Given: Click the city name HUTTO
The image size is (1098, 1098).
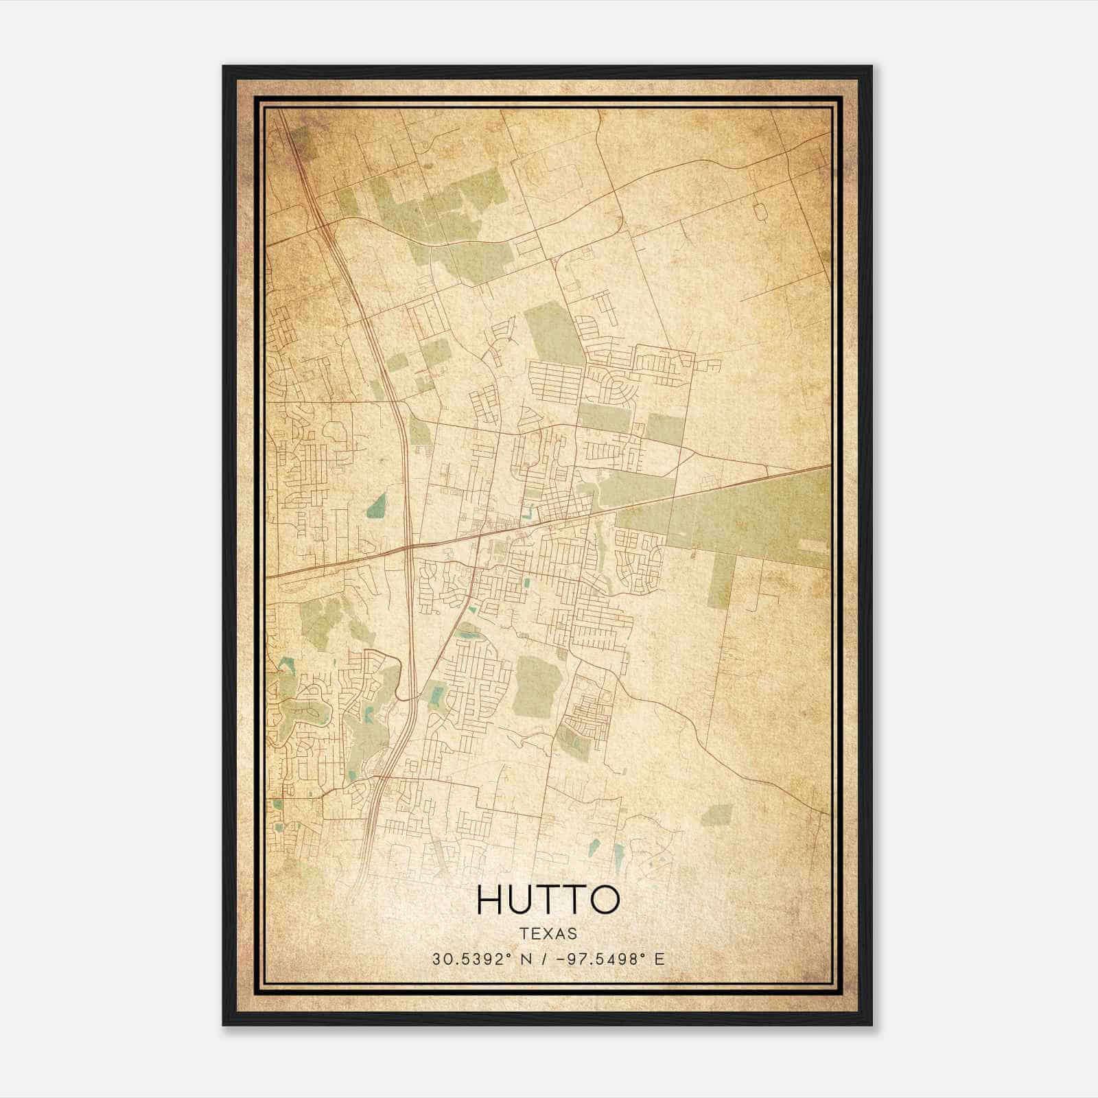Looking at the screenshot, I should click(x=548, y=900).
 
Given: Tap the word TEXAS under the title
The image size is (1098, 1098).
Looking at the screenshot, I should click(x=548, y=933).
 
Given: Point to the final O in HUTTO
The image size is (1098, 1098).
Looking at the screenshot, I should click(x=603, y=900).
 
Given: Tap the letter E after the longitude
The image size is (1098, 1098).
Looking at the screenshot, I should click(x=659, y=959).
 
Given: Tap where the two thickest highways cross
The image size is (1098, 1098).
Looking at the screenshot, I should click(x=408, y=547).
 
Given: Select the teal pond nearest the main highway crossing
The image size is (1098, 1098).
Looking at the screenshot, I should click(x=376, y=506).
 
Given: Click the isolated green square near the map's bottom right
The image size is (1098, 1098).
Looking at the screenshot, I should click(x=717, y=815).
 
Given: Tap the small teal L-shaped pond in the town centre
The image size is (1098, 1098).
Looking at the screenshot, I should click(x=528, y=512).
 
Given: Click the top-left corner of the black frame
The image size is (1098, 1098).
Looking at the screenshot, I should click(x=224, y=67).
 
